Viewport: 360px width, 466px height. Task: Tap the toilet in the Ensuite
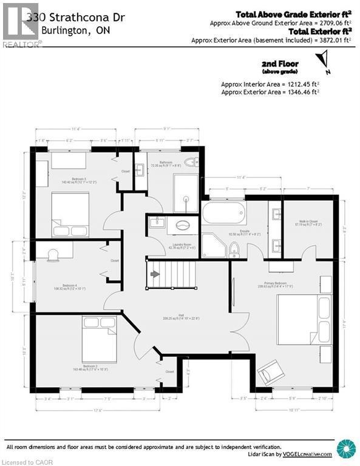(234, 249)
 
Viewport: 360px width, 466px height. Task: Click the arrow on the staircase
(155, 274)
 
